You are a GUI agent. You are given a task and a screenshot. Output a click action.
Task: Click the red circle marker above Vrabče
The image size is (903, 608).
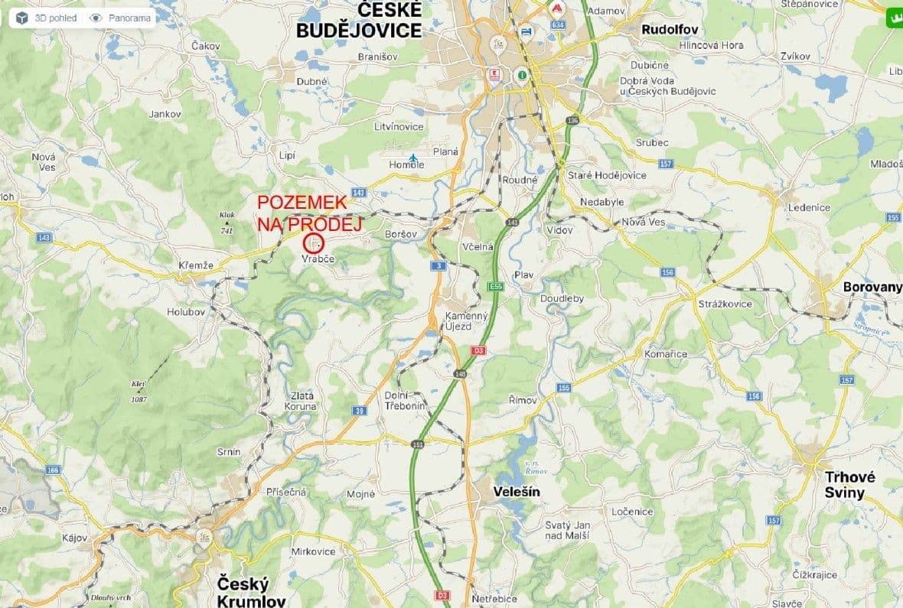click(x=314, y=244)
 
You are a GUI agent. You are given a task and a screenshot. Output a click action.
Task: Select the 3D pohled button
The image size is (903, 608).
click(x=48, y=18)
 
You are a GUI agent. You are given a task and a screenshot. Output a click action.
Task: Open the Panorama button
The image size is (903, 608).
click(x=120, y=18)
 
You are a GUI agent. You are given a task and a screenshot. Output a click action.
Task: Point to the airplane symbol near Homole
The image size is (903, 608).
click(x=413, y=158)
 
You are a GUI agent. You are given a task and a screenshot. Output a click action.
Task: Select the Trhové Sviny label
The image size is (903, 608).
click(x=849, y=485)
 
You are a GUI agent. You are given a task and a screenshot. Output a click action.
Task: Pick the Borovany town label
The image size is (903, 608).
click(x=872, y=288)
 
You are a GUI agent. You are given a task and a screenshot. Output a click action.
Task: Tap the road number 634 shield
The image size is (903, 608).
click(x=557, y=25)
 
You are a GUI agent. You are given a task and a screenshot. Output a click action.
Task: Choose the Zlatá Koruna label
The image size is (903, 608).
click(x=302, y=401)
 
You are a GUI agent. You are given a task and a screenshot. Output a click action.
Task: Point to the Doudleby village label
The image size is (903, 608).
click(x=562, y=298)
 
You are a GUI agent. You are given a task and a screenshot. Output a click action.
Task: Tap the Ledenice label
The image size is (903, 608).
click(x=809, y=207)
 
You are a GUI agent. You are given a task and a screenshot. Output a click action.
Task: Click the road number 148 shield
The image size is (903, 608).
click(x=460, y=374)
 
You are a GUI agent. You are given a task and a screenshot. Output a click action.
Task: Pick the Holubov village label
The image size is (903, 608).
click(x=186, y=311)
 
